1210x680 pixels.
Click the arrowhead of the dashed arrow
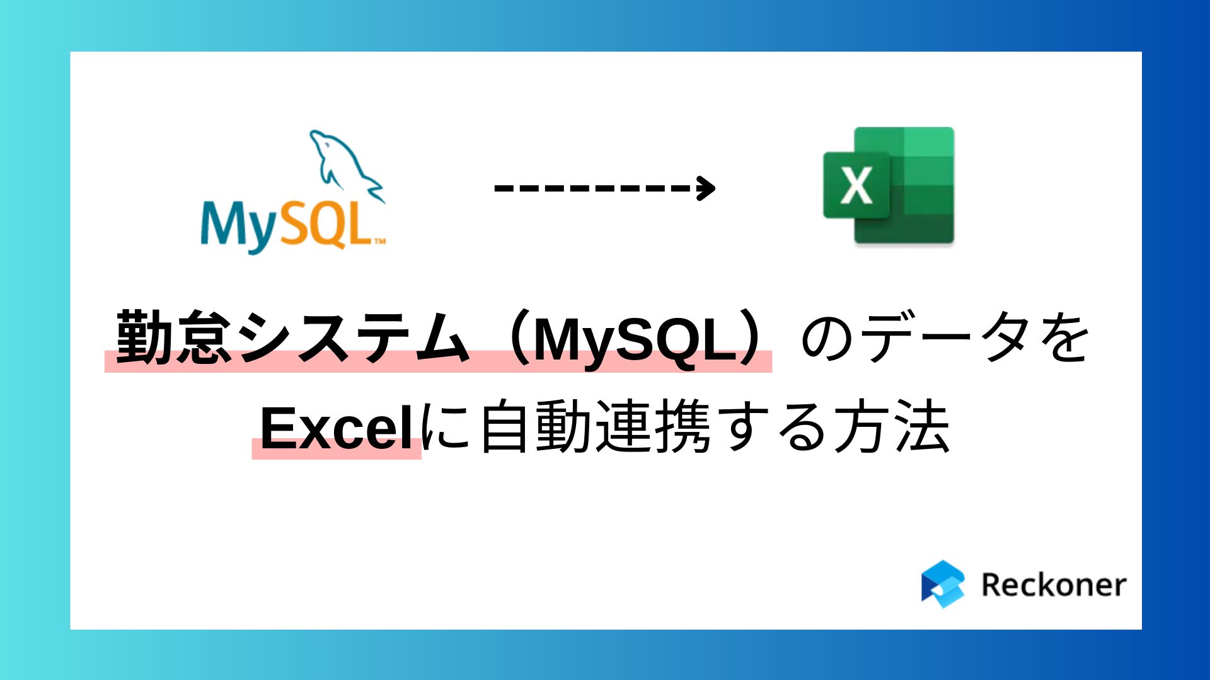click(706, 188)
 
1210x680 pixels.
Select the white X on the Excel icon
click(856, 185)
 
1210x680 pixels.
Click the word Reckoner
click(1053, 585)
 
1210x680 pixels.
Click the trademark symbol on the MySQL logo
click(380, 241)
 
